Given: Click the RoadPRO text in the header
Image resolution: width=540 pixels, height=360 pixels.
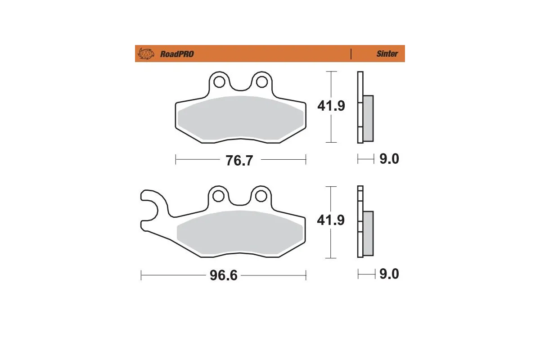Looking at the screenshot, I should coord(177,54).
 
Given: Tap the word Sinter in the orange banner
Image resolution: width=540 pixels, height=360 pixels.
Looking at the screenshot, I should coord(387,54).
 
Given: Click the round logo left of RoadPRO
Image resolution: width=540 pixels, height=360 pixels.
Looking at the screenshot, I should coord(145,54).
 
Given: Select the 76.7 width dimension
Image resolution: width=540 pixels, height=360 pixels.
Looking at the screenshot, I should coord(239,160).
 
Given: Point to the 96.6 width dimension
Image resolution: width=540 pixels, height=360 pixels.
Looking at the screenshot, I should coord(224,275).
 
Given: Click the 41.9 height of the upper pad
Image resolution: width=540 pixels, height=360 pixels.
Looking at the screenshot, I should coord(331,106).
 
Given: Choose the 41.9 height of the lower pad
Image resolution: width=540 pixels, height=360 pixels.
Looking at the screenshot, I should coord(331,220).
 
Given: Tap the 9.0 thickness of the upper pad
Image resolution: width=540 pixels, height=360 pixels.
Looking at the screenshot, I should coord(389,159).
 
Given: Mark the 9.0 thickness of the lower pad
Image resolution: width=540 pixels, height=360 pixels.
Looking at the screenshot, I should coord(389,274).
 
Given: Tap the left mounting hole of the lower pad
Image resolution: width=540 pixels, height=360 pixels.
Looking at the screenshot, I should coord(219,197).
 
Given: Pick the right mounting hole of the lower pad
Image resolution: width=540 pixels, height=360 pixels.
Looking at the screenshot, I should coord(260,196).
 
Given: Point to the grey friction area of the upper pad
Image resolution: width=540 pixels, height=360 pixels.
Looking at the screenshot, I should coord(239,118).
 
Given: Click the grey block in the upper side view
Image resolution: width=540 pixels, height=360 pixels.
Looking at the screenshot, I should coord(368,117).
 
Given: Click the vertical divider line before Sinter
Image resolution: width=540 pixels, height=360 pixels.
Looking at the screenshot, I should coord(351,54).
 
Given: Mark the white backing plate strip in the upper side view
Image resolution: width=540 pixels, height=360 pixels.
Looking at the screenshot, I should coord(360,108).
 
